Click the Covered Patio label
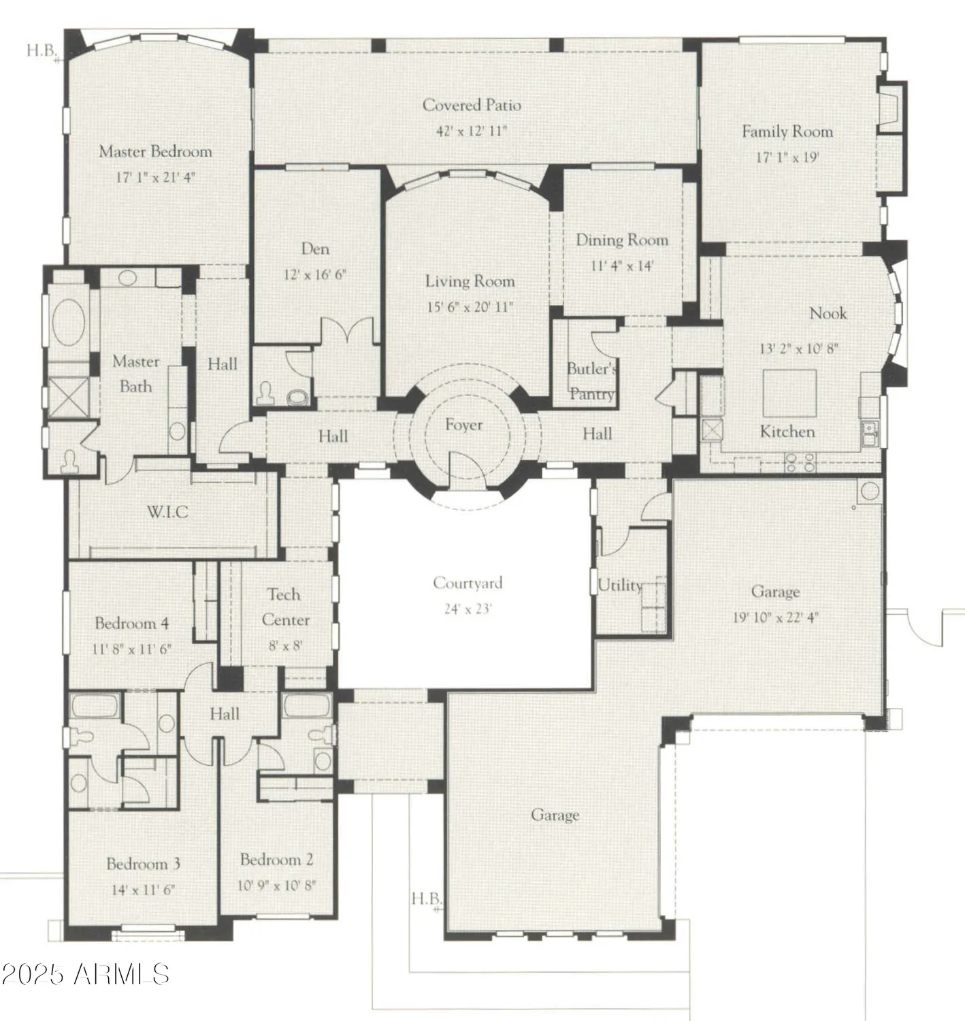coord(472,105)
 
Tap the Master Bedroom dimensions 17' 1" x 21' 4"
coord(155,178)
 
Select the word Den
coord(315,249)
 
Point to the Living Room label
coord(470,281)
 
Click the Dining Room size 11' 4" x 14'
coord(621,266)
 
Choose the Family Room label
coord(787,131)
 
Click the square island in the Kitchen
coord(789,393)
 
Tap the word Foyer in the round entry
coord(463,425)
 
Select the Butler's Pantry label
coord(592,381)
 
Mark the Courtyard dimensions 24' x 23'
coord(468,609)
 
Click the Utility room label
coord(619,585)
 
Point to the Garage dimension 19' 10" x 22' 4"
coord(775,618)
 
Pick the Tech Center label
coord(285,606)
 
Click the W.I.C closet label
coord(167,512)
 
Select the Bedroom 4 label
coord(131,623)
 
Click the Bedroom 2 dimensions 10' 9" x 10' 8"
coord(276,886)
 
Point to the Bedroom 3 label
coord(143,864)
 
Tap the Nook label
coord(828,313)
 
